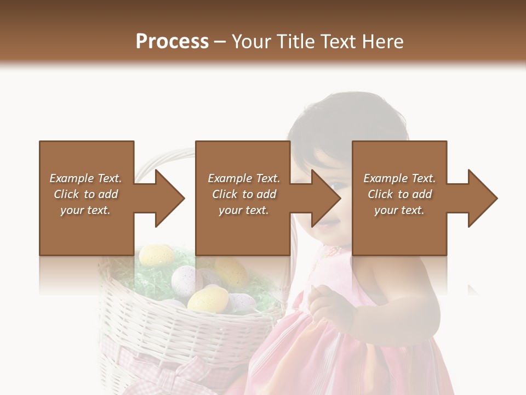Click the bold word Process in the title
click(x=172, y=42)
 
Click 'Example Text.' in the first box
click(x=85, y=178)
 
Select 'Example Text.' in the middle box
click(x=243, y=178)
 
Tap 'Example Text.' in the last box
click(x=399, y=178)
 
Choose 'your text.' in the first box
click(x=85, y=210)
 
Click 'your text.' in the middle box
click(x=243, y=210)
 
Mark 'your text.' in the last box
click(x=399, y=210)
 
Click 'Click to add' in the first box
click(x=85, y=194)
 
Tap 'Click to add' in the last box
click(x=399, y=194)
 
